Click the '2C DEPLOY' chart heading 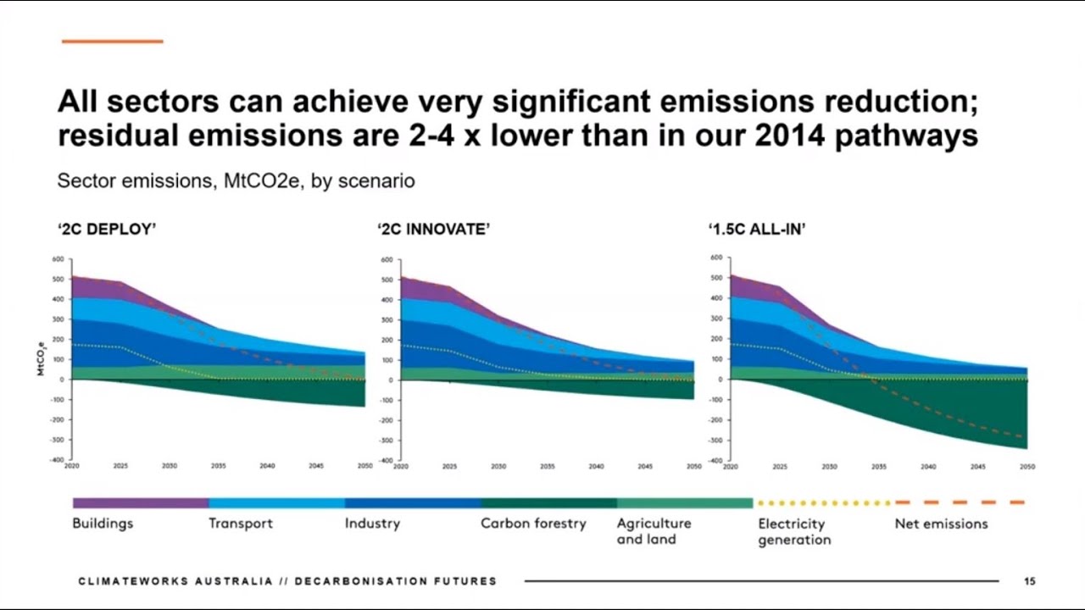[107, 229]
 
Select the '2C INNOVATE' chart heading [433, 229]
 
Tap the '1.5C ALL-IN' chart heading [756, 229]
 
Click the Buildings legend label [103, 524]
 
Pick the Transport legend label [241, 524]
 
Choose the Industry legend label [372, 524]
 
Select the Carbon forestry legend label [533, 524]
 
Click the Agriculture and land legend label [654, 531]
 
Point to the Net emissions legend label [941, 524]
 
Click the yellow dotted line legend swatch [822, 503]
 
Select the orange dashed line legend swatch [960, 502]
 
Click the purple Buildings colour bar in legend [141, 503]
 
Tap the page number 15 [1029, 581]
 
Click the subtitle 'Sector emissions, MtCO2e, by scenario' [236, 181]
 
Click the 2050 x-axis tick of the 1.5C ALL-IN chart [1027, 467]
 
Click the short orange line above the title [112, 41]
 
